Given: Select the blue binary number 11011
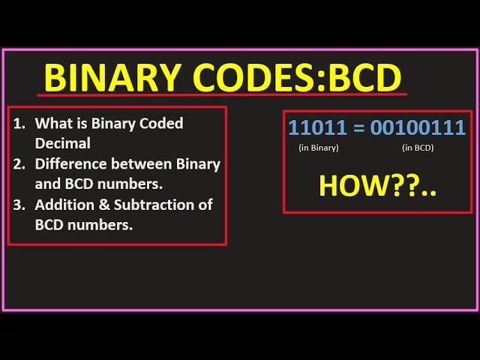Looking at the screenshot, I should click(316, 127).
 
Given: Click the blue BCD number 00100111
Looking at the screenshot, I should click(418, 127).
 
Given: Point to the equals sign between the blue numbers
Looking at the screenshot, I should click(358, 127).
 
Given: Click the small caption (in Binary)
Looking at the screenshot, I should click(319, 148).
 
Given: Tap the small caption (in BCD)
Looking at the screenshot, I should click(418, 148).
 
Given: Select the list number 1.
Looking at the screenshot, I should click(18, 123).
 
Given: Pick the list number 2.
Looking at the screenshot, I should click(18, 163).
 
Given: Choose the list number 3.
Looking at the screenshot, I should click(18, 205).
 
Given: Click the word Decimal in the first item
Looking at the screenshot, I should click(62, 143).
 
